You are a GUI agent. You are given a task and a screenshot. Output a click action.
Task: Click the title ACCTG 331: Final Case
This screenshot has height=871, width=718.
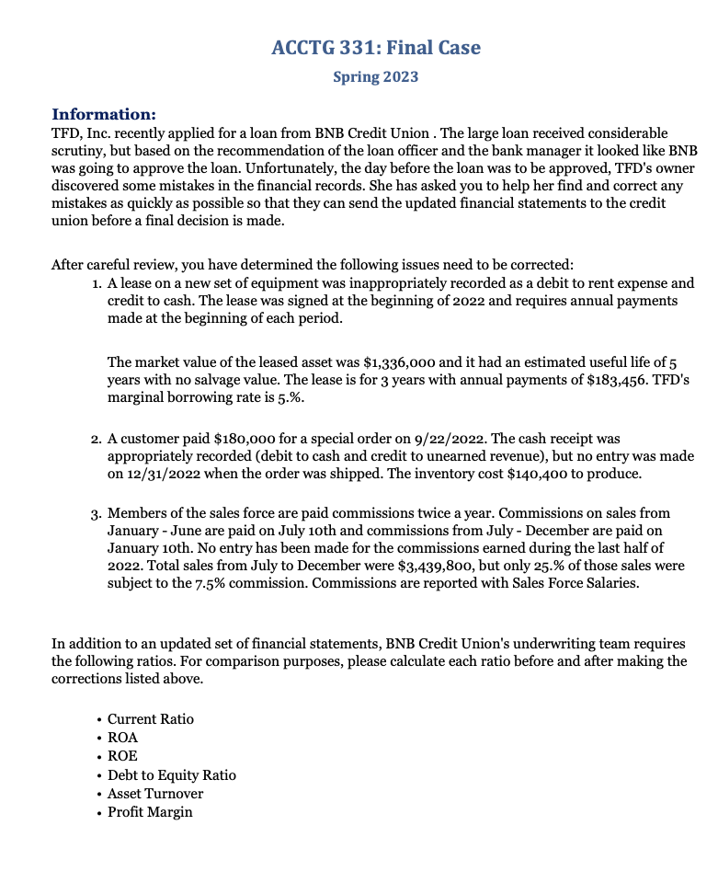(376, 47)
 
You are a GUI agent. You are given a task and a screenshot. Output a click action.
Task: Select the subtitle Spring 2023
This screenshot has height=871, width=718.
(375, 76)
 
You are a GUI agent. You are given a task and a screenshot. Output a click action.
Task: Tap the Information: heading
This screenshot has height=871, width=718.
(103, 115)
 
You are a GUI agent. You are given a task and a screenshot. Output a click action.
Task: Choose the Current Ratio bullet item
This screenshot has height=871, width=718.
(151, 719)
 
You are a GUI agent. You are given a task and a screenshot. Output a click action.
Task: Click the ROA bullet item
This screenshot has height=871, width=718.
(122, 738)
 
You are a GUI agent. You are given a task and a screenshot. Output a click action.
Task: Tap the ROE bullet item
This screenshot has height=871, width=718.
(122, 756)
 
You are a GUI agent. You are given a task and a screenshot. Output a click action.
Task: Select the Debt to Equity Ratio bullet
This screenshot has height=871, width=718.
(171, 775)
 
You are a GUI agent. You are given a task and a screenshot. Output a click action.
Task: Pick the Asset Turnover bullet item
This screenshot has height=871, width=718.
(155, 794)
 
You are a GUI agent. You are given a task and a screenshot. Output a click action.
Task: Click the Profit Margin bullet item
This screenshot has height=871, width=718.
(150, 812)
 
